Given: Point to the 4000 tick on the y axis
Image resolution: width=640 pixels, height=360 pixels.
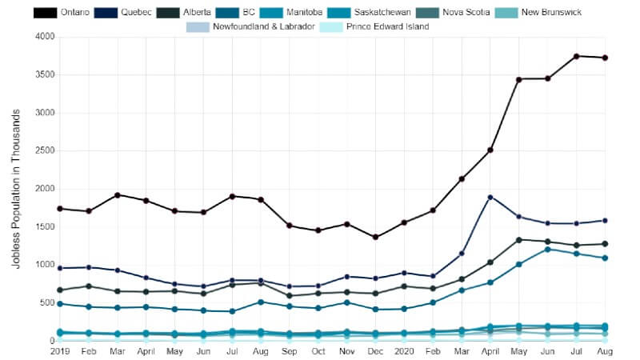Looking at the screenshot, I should pos(42,37).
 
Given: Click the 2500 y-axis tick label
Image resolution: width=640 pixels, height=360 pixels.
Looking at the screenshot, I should pos(42,150).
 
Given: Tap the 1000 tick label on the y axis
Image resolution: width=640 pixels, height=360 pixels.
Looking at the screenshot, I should pos(42,265).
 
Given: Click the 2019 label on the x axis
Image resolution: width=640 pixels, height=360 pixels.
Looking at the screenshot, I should pos(60,350).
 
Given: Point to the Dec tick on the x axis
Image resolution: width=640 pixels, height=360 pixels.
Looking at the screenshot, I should pos(375,350).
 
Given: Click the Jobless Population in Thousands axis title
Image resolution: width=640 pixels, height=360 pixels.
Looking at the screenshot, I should pos(17,189).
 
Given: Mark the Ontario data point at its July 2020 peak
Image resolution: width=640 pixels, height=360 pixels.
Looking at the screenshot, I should pos(576,56).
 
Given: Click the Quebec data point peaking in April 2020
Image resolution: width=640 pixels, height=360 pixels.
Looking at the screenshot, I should pos(490,197).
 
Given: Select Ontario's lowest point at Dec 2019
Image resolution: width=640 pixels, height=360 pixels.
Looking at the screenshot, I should pos(375,237).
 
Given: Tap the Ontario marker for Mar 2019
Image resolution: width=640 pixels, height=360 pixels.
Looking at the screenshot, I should pos(117,195).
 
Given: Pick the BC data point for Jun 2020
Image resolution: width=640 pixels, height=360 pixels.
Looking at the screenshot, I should pos(547,250).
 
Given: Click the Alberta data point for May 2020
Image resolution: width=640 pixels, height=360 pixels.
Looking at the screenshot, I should pos(518,240).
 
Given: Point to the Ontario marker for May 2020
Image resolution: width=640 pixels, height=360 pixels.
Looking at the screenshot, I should pos(518,79).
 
